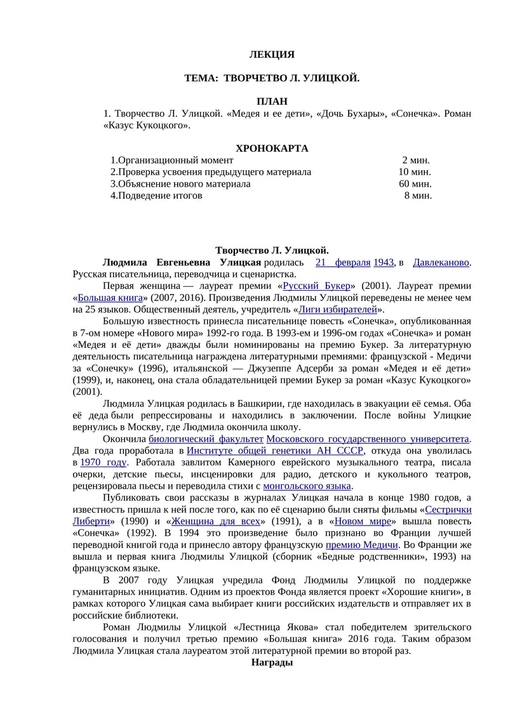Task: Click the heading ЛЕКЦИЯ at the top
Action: coord(272,55)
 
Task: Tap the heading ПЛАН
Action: coord(272,101)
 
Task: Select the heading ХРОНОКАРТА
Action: coord(272,148)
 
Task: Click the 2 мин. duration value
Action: coord(415,160)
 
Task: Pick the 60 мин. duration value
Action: coord(415,183)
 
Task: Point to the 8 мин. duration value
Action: coord(418,196)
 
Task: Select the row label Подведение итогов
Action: coord(156,196)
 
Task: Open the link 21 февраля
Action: coord(343,262)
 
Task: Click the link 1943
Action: coord(384,262)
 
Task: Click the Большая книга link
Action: coord(109,297)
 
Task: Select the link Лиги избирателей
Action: coord(338,309)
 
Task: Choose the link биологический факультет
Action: coord(206,439)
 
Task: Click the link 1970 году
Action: coord(103,462)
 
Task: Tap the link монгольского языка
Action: coord(316,486)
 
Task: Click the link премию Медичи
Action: coord(362,545)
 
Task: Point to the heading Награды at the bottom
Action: coord(272,662)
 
